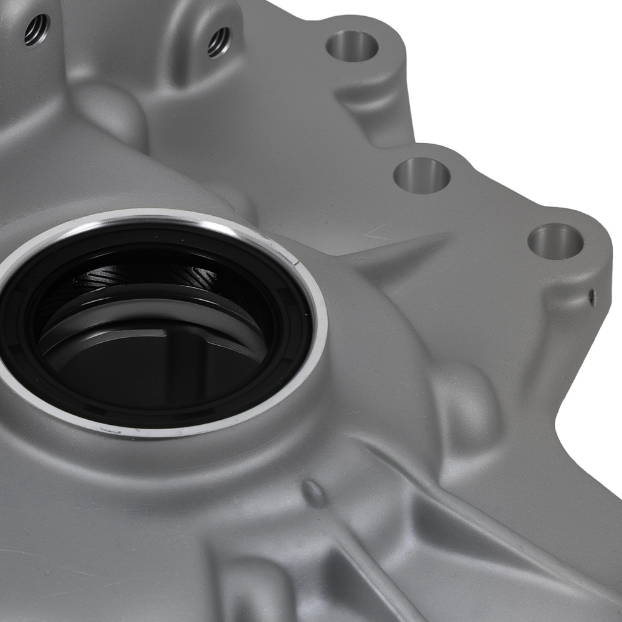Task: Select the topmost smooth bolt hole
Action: pos(353,45)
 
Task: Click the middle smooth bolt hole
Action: pos(422,175)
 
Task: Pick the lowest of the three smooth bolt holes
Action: pos(555,241)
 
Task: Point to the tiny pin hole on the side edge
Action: pos(592,297)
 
